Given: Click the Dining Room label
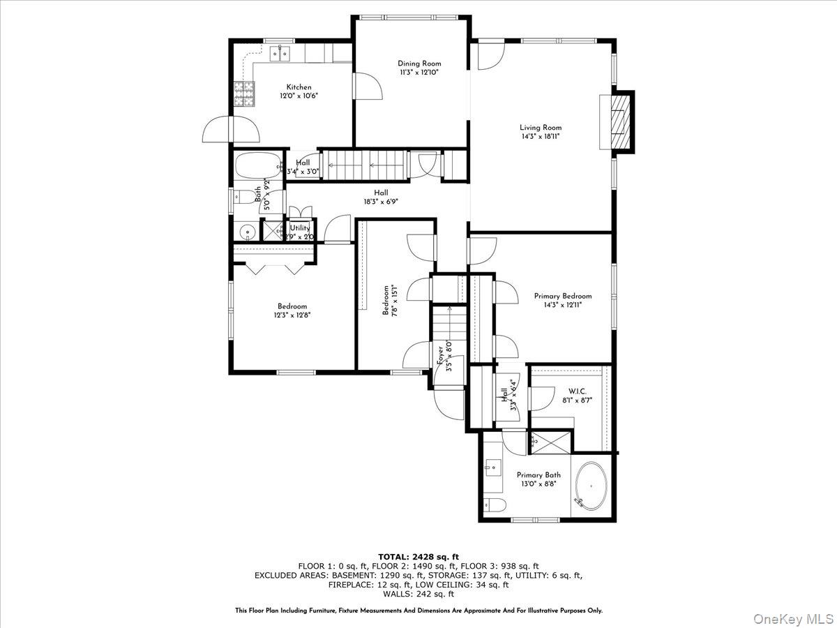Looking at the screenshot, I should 419,63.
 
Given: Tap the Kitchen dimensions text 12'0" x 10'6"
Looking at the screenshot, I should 294,96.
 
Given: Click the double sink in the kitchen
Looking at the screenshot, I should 281,52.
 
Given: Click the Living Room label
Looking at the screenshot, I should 540,128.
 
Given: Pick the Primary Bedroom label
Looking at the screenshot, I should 562,296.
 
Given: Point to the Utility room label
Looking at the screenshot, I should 300,228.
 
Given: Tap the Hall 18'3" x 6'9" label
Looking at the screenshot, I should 380,193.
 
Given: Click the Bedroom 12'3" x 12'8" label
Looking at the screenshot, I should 292,306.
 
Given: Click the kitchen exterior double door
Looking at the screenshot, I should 230,130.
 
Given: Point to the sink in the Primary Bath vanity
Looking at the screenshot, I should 492,465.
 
